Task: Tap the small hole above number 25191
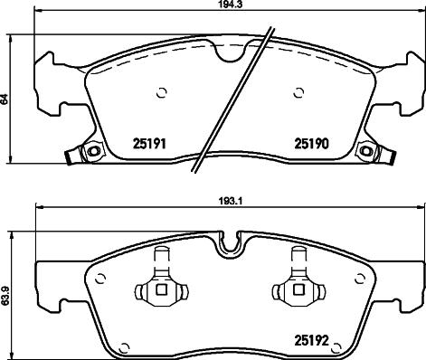tap(162, 91)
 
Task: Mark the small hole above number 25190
tap(299, 91)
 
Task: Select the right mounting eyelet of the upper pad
tap(365, 151)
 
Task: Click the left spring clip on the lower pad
tap(159, 288)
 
